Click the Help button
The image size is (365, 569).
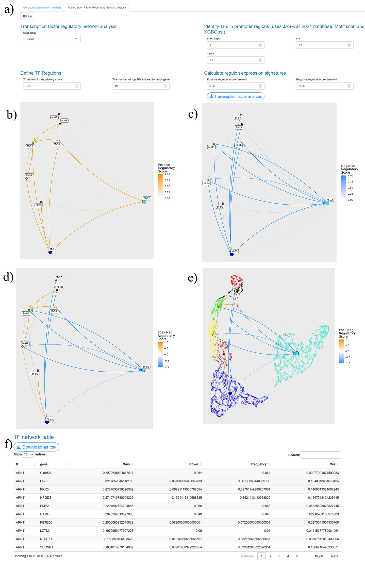tap(27, 16)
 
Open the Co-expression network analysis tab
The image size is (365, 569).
tap(42, 8)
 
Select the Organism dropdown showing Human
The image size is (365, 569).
tap(52, 39)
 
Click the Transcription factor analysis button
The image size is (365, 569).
tap(236, 96)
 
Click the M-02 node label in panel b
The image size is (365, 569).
tap(147, 198)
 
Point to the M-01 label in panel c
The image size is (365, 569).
tap(235, 251)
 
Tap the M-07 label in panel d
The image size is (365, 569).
tap(59, 277)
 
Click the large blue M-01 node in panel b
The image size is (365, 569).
tap(50, 252)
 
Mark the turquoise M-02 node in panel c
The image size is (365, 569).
tap(327, 203)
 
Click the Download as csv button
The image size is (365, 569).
tap(37, 447)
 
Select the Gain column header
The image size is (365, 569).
tap(126, 464)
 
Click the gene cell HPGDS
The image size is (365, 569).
tap(46, 497)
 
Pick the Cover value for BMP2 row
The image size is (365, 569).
tap(198, 506)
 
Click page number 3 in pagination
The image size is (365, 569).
tap(279, 556)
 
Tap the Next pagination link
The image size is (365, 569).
tap(334, 556)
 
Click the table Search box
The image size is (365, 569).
tap(320, 455)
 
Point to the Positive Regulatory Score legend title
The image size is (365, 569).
tap(166, 168)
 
